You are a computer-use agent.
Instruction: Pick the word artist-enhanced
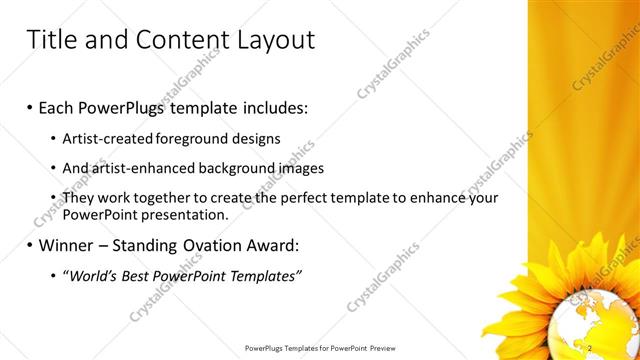pyautogui.click(x=145, y=168)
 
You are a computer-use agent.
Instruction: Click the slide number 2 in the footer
pyautogui.click(x=591, y=347)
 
